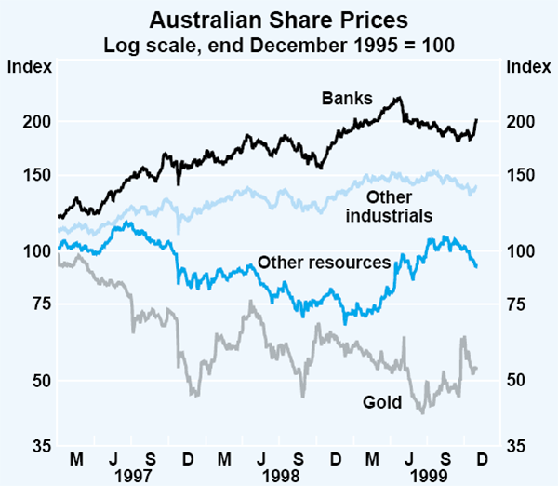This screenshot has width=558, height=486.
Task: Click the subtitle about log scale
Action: [x=279, y=44]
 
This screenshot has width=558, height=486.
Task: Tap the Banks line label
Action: [x=347, y=98]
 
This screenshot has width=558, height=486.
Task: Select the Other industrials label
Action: [x=390, y=207]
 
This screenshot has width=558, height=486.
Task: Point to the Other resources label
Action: [x=323, y=263]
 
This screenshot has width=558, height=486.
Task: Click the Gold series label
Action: [x=381, y=402]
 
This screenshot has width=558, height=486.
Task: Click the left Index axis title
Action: [x=25, y=66]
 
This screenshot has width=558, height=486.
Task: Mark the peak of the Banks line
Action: [x=399, y=97]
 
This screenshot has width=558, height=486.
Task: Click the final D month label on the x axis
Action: [x=483, y=459]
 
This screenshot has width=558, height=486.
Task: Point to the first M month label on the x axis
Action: [x=76, y=459]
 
